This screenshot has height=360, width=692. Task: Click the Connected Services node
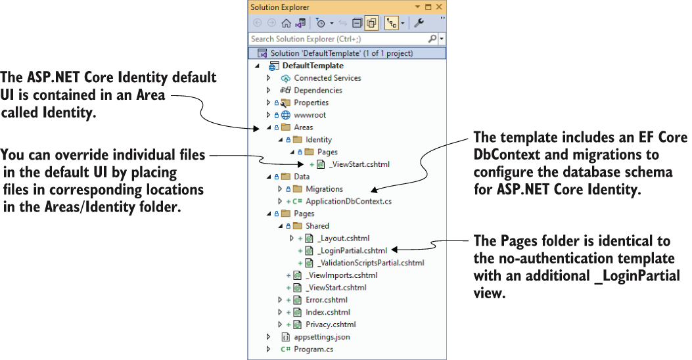point(327,78)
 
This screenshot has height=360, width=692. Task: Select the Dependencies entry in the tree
point(318,91)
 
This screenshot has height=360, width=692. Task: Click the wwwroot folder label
point(310,115)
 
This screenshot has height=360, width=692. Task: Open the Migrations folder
point(324,189)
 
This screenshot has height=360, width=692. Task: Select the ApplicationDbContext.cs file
point(349,202)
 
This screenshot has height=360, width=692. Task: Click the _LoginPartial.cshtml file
point(352,250)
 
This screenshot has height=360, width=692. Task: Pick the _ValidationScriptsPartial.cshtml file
point(371,263)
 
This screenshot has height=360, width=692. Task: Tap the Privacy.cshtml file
point(331,325)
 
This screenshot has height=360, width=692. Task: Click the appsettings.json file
point(322,337)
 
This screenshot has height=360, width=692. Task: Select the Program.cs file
point(313,349)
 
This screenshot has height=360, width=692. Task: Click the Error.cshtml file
point(327,300)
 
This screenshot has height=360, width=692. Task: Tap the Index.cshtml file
point(328,312)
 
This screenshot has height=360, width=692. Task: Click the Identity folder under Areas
point(318,140)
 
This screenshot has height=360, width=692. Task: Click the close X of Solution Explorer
point(439,7)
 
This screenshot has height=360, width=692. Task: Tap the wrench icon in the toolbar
point(419,23)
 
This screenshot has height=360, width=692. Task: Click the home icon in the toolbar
point(286,23)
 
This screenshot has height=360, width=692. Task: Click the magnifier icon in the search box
point(432,39)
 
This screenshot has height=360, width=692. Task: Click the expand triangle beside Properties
point(268,102)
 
